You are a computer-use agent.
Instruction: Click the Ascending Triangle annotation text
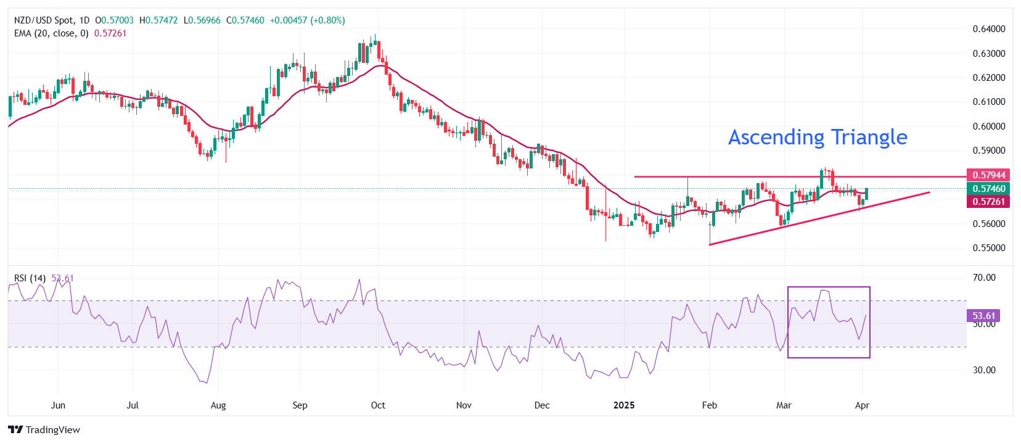pyautogui.click(x=818, y=137)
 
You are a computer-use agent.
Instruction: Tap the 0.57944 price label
pyautogui.click(x=988, y=175)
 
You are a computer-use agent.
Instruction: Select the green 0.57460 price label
pyautogui.click(x=988, y=189)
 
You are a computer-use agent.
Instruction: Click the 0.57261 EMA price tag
pyautogui.click(x=988, y=202)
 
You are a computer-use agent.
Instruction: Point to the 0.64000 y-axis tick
pyautogui.click(x=988, y=29)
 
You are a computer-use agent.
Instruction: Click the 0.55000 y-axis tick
pyautogui.click(x=988, y=248)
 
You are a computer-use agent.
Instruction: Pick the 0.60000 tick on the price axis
pyautogui.click(x=988, y=126)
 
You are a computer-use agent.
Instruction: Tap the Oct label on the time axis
pyautogui.click(x=378, y=405)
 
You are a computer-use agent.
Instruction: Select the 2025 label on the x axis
pyautogui.click(x=624, y=405)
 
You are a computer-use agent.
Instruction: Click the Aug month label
pyautogui.click(x=218, y=405)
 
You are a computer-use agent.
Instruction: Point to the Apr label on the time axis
pyautogui.click(x=862, y=405)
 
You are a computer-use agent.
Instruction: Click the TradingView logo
pyautogui.click(x=44, y=430)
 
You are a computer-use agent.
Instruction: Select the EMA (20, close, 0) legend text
pyautogui.click(x=51, y=33)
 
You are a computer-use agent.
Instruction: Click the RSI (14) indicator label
pyautogui.click(x=30, y=278)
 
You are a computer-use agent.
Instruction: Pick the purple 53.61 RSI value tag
pyautogui.click(x=983, y=316)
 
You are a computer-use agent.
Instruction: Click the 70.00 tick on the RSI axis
pyautogui.click(x=984, y=278)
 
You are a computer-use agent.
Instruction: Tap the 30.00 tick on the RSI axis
pyautogui.click(x=984, y=370)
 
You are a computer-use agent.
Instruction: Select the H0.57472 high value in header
pyautogui.click(x=158, y=20)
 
